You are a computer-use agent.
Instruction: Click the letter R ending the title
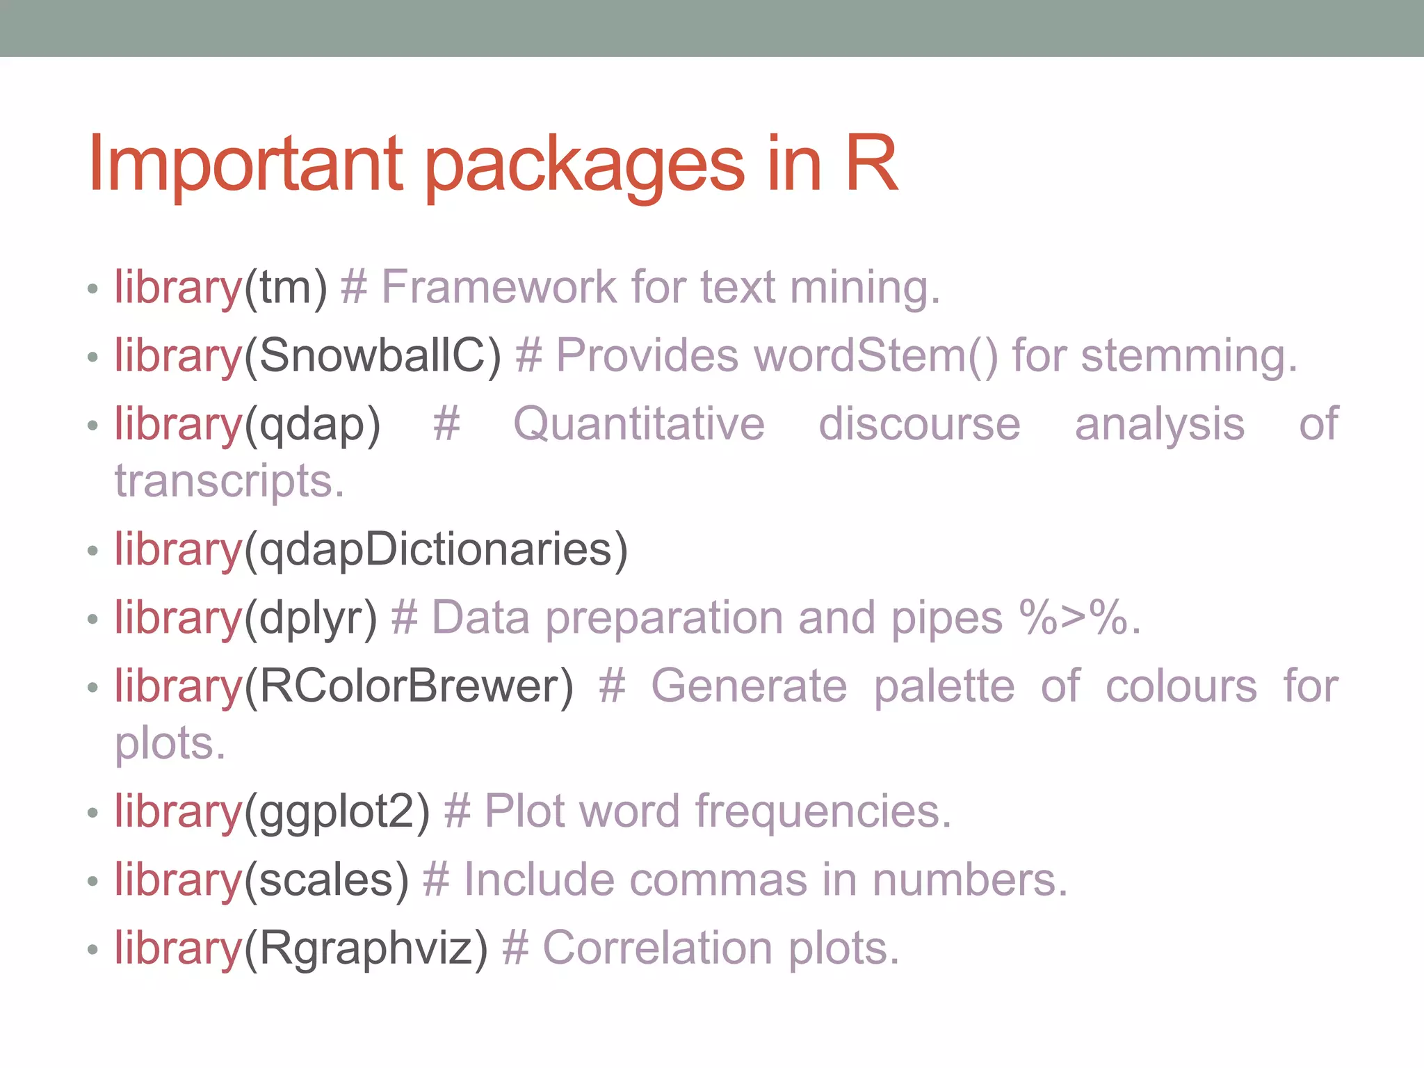(x=871, y=164)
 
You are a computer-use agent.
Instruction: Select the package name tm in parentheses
(x=285, y=288)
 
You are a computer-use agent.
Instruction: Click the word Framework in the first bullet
(x=499, y=286)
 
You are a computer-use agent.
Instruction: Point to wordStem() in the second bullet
(x=875, y=356)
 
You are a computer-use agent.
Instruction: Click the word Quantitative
(x=638, y=424)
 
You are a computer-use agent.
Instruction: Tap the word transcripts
(x=229, y=481)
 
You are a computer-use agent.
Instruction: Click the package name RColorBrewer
(x=409, y=686)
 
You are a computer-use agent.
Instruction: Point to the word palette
(x=944, y=686)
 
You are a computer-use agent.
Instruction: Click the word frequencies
(x=823, y=811)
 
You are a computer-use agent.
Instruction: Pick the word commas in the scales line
(x=718, y=880)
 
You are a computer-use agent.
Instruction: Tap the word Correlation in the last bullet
(x=657, y=948)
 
